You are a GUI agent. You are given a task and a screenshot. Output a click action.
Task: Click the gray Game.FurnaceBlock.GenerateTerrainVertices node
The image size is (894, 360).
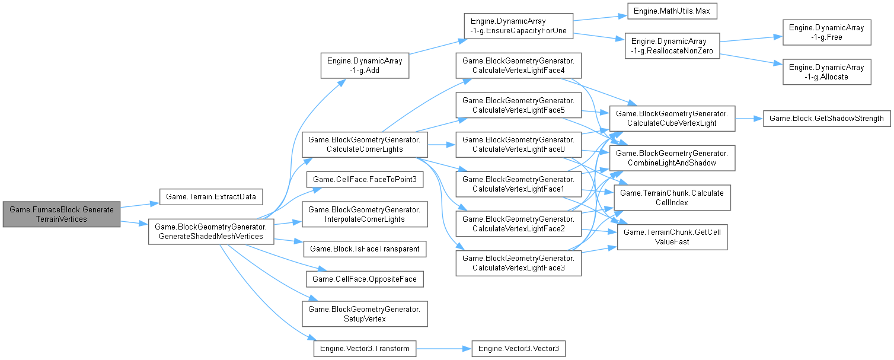pyautogui.click(x=61, y=214)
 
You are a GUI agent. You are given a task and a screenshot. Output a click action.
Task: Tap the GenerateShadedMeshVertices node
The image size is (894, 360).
pyautogui.click(x=210, y=231)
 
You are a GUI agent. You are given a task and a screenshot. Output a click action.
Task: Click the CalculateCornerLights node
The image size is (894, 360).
pyautogui.click(x=365, y=145)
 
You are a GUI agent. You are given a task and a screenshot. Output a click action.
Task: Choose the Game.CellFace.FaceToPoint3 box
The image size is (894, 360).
pyautogui.click(x=365, y=180)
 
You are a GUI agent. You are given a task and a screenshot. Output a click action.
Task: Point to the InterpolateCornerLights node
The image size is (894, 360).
pyautogui.click(x=365, y=214)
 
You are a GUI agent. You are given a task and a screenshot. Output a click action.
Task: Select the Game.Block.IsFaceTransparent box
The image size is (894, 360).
pyautogui.click(x=365, y=249)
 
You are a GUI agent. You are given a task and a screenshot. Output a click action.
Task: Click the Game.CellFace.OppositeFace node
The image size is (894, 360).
pyautogui.click(x=365, y=279)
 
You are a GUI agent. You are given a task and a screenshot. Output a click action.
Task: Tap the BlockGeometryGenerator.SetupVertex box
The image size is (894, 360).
pyautogui.click(x=365, y=314)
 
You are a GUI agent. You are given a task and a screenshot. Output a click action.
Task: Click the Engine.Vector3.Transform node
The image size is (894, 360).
pyautogui.click(x=365, y=348)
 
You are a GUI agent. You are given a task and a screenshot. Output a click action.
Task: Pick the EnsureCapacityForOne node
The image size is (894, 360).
pyautogui.click(x=518, y=27)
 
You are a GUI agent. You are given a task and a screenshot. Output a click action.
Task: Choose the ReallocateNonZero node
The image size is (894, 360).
pyautogui.click(x=673, y=46)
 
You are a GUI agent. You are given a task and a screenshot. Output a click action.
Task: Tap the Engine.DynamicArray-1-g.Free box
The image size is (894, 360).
pyautogui.click(x=826, y=32)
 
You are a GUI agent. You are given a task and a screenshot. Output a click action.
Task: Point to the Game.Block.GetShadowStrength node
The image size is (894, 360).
pyautogui.click(x=826, y=119)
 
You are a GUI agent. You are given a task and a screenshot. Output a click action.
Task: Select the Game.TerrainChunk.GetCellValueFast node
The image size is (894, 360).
pyautogui.click(x=673, y=236)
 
